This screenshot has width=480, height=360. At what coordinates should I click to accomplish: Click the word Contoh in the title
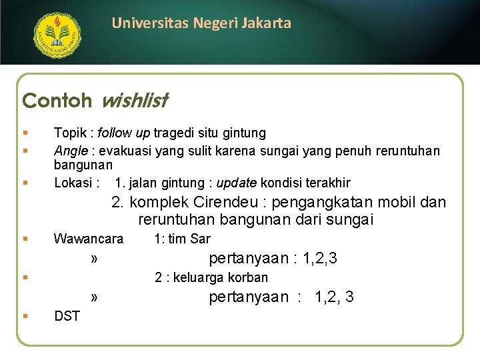[57, 101]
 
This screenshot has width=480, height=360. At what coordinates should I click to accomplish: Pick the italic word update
[237, 183]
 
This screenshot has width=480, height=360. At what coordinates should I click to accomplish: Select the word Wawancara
[89, 239]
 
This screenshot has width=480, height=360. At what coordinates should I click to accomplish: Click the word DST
[67, 316]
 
